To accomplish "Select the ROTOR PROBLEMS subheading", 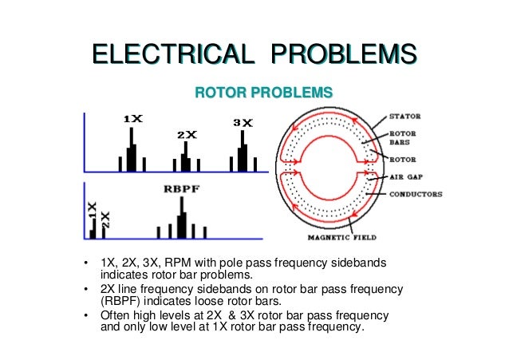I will click(263, 93).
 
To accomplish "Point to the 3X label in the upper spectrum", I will click(243, 123).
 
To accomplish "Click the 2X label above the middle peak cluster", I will click(187, 134).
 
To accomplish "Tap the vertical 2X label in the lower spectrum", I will click(107, 220).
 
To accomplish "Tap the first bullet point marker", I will click(85, 264).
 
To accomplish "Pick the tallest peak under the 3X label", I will click(243, 152).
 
